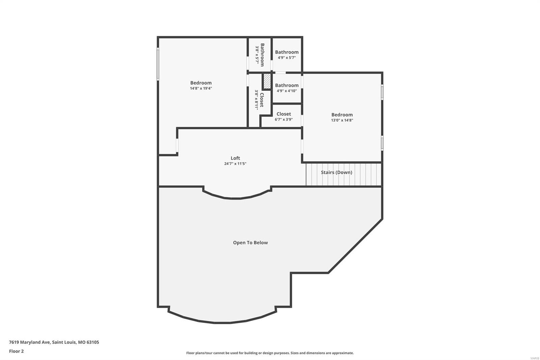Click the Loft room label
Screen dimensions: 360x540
tap(235, 158)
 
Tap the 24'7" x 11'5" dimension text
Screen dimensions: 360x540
tap(235, 164)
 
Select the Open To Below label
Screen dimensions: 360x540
tap(250, 242)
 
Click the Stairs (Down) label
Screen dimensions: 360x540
tap(336, 172)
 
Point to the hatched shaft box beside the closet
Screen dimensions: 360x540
tap(267, 81)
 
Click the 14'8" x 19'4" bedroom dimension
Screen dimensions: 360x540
tap(201, 88)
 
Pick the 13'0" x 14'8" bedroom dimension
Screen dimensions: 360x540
tap(342, 120)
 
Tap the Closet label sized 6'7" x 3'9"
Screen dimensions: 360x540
tap(283, 114)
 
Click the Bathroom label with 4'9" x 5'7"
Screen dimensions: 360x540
tap(287, 52)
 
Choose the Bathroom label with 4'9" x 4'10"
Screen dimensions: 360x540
tap(287, 85)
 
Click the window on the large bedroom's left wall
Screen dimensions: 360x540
tap(158, 64)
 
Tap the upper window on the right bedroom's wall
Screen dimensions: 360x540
tap(382, 92)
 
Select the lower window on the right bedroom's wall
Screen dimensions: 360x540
tap(382, 143)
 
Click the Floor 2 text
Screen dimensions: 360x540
tap(16, 351)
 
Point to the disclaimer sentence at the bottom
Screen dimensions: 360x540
tap(270, 353)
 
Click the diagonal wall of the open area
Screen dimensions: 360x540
tap(355, 246)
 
